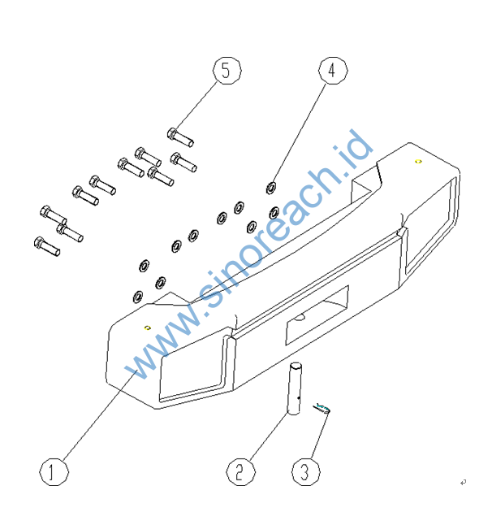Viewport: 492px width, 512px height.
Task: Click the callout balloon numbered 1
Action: tap(53, 472)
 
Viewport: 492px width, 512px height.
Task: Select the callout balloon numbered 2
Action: tap(240, 471)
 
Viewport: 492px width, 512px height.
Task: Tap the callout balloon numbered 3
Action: tap(305, 471)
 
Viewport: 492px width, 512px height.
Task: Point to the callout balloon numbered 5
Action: tap(227, 71)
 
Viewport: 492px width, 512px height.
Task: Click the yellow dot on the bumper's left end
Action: tap(147, 328)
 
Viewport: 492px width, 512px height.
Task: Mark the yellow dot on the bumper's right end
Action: tap(418, 162)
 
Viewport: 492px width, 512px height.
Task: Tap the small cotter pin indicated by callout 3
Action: tap(324, 408)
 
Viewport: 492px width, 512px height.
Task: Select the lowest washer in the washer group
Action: tap(137, 295)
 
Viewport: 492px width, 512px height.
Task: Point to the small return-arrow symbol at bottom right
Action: tap(463, 483)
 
